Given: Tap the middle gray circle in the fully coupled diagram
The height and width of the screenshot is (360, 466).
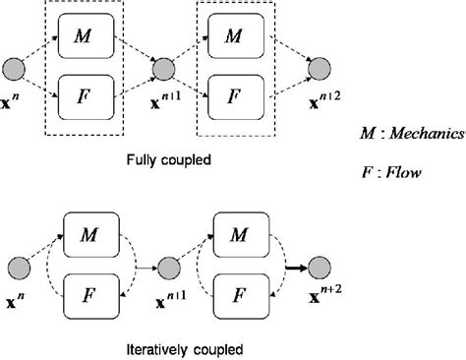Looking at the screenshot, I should click(x=163, y=68).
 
